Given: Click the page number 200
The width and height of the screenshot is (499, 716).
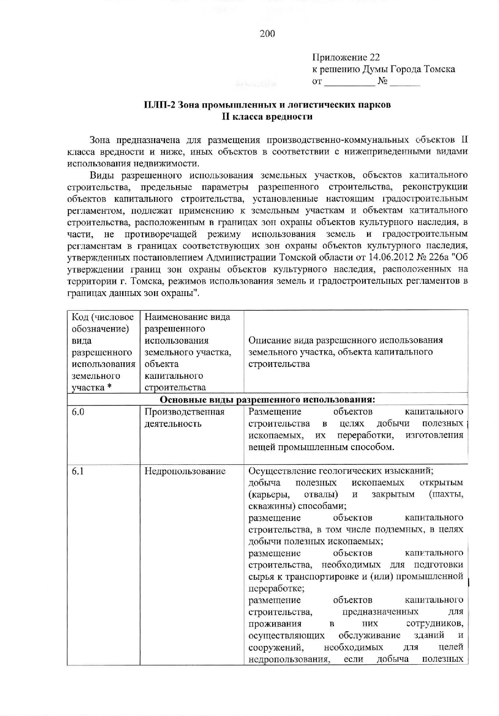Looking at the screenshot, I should pyautogui.click(x=267, y=34).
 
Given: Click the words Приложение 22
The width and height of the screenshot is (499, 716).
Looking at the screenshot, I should pyautogui.click(x=346, y=57).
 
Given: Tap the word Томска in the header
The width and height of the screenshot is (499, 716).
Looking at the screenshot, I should pyautogui.click(x=439, y=69).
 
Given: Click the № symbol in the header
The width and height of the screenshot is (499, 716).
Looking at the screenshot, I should pyautogui.click(x=382, y=81).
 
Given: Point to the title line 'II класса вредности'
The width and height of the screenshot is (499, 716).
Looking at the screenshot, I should pyautogui.click(x=267, y=117).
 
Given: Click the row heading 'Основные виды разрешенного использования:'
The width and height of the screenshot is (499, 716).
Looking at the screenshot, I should pyautogui.click(x=267, y=399).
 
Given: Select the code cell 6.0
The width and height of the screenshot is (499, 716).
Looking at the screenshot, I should pyautogui.click(x=78, y=412).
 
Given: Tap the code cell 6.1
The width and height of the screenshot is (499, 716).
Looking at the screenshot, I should pyautogui.click(x=78, y=471).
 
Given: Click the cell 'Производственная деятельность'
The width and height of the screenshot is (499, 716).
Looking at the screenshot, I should pyautogui.click(x=185, y=418).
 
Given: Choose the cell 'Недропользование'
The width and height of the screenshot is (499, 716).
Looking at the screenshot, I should pyautogui.click(x=185, y=471).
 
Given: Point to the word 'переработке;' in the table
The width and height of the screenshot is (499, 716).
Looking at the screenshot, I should pyautogui.click(x=276, y=589).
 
